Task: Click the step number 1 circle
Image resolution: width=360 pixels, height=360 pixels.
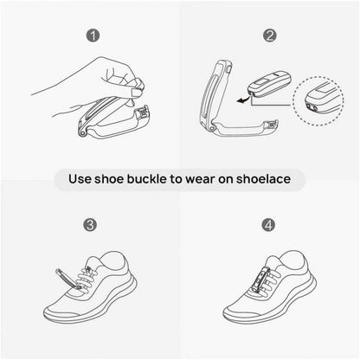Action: coord(93,35)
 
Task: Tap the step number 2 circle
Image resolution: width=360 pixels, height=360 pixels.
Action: coord(269,35)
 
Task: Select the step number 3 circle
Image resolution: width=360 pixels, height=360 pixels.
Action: coord(90,225)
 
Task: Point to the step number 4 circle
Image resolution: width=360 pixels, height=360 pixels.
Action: coord(268,225)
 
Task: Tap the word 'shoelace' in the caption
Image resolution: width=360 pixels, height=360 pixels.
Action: coord(263,179)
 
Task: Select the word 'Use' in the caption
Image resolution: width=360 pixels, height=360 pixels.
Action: coord(80,179)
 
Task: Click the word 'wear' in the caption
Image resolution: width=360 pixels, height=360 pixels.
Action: coord(200,180)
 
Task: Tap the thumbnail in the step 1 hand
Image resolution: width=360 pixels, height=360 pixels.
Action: coord(135,92)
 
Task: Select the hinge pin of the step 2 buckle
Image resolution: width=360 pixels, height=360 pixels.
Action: coord(213,127)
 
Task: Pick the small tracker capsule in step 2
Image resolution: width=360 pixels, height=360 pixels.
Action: coord(270,84)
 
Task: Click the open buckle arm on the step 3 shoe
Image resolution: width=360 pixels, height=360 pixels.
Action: coord(67,279)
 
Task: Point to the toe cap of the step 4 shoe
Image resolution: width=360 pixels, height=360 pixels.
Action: coord(241,312)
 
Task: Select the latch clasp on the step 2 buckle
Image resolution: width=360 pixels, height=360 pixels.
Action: coord(272,125)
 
